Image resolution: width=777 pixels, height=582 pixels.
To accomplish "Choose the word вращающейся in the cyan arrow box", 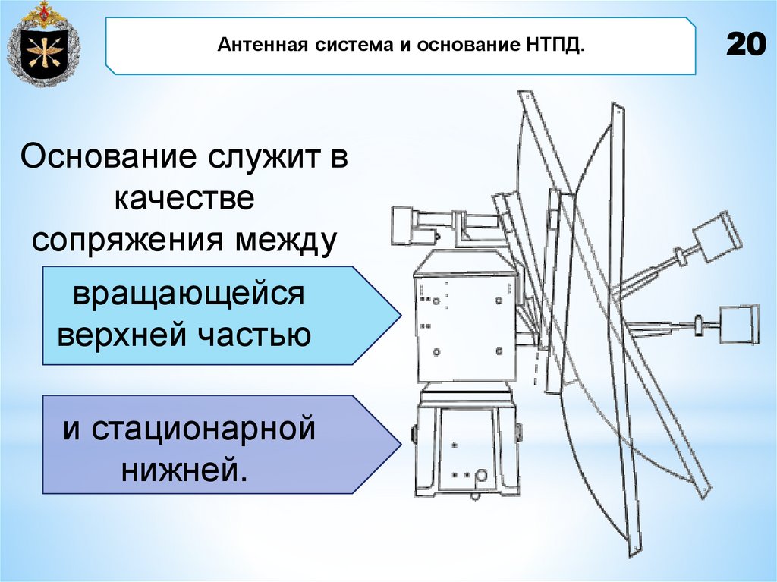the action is point(188,294).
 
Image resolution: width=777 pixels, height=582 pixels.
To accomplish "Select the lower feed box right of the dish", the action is point(737,324).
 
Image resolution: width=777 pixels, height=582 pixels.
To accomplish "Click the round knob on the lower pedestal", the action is point(480,477).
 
